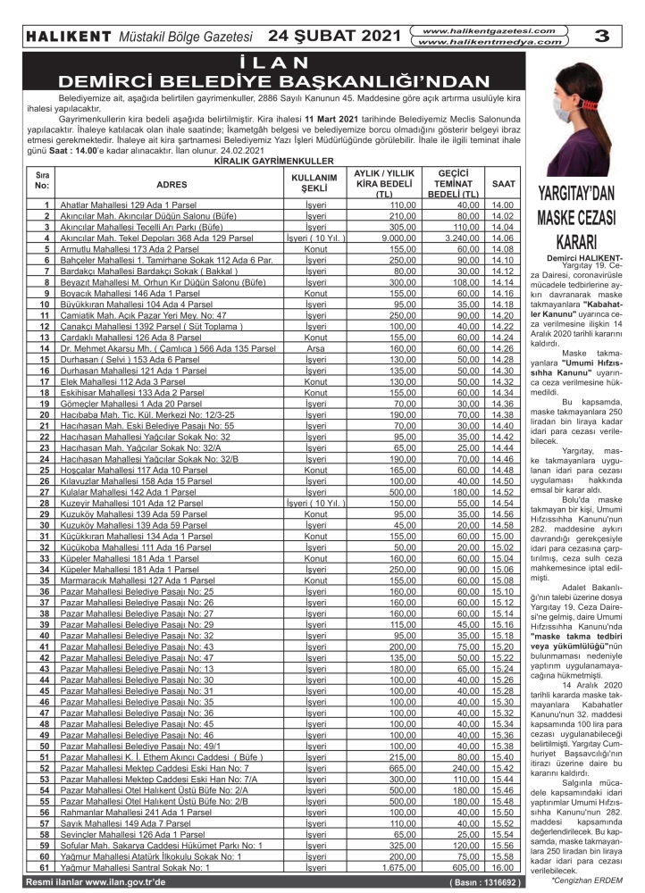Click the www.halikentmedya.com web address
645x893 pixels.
pos(494,42)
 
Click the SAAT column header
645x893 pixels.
pos(503,184)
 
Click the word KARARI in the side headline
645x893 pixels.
pos(582,243)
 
